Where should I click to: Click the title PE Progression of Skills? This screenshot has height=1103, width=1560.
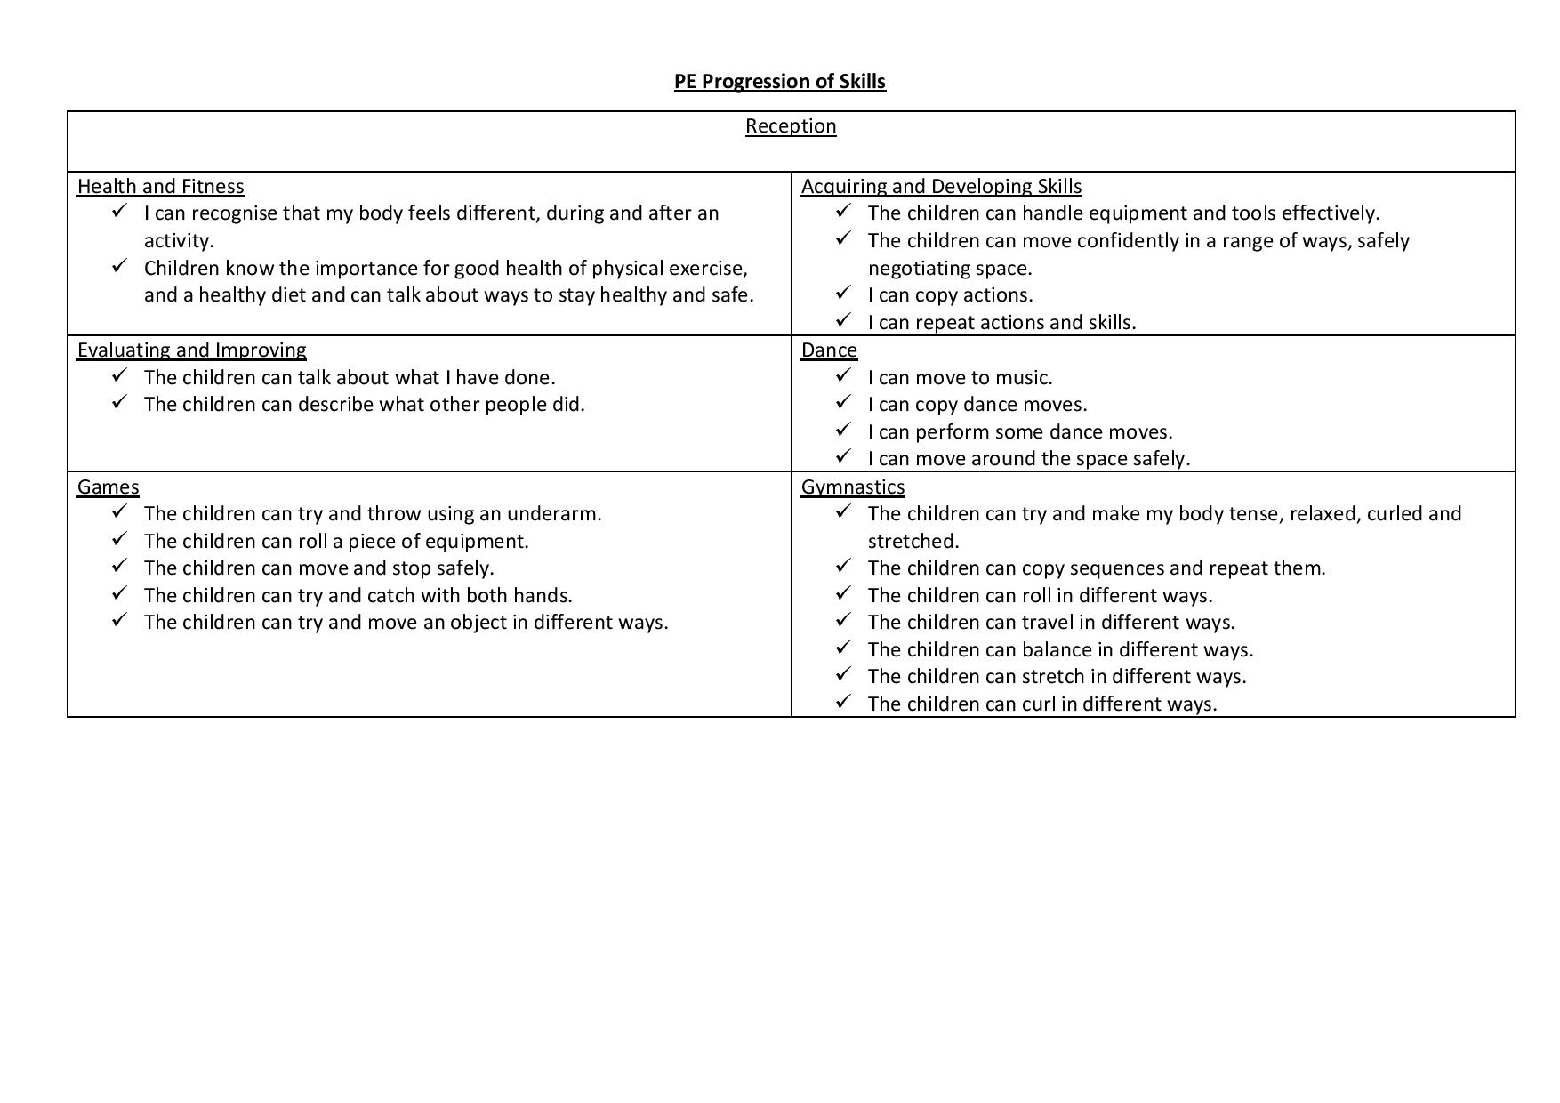pyautogui.click(x=779, y=82)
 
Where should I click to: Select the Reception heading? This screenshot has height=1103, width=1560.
pyautogui.click(x=791, y=126)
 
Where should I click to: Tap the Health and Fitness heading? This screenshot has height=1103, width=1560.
pyautogui.click(x=160, y=187)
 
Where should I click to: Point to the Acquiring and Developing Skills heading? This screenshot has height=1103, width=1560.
pyautogui.click(x=941, y=187)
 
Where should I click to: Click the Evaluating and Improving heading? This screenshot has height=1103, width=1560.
pyautogui.click(x=191, y=350)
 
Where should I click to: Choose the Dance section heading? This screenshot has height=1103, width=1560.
pyautogui.click(x=829, y=350)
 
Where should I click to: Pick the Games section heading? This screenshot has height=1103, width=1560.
pyautogui.click(x=108, y=487)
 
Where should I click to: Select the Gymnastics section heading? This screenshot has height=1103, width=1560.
pyautogui.click(x=852, y=487)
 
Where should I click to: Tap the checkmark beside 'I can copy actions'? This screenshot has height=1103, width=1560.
pyautogui.click(x=843, y=293)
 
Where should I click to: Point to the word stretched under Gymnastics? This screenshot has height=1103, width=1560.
pyautogui.click(x=913, y=542)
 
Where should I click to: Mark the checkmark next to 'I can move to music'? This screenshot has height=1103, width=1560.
pyautogui.click(x=843, y=375)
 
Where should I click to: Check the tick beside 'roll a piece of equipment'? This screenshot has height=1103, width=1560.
pyautogui.click(x=119, y=539)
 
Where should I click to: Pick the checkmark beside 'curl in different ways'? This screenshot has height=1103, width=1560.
pyautogui.click(x=843, y=702)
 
